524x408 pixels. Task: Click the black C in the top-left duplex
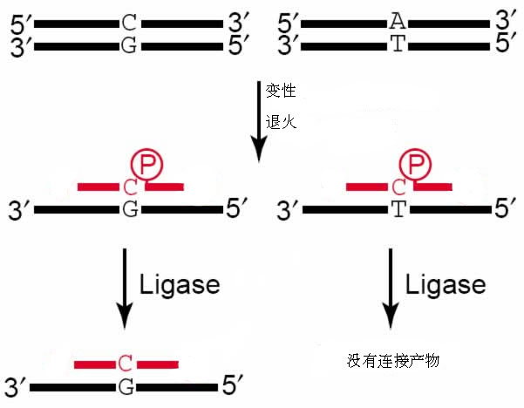click(x=130, y=19)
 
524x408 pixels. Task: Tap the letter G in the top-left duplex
click(x=130, y=44)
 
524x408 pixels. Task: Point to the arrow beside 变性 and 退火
click(x=258, y=121)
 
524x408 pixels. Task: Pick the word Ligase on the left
click(x=180, y=285)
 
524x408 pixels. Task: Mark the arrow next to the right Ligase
click(x=391, y=289)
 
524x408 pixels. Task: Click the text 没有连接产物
click(x=391, y=359)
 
